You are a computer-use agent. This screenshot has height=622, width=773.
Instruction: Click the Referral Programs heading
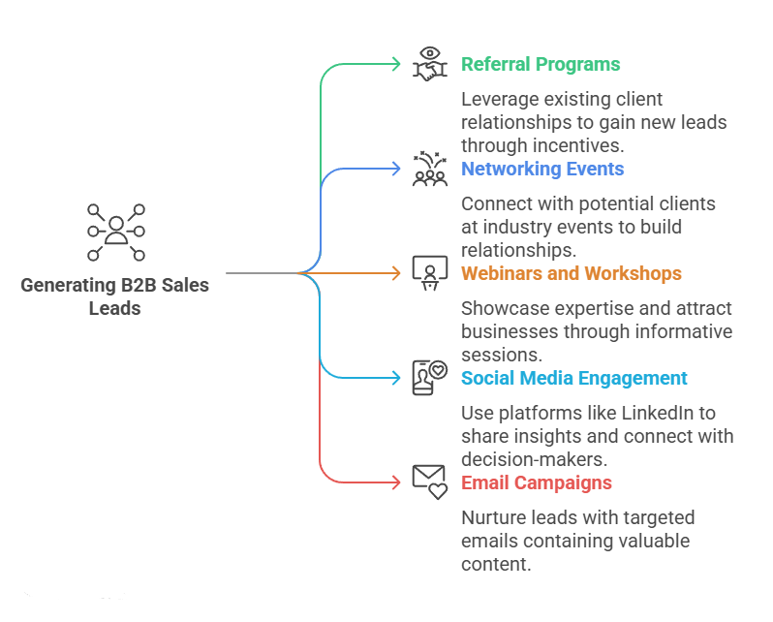pyautogui.click(x=541, y=65)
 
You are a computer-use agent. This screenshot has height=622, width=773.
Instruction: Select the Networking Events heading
pyautogui.click(x=542, y=170)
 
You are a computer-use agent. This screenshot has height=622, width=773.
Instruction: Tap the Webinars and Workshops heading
pyautogui.click(x=572, y=274)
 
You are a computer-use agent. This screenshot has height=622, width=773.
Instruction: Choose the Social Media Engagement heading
pyautogui.click(x=574, y=379)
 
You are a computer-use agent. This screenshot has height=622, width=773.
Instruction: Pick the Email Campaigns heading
pyautogui.click(x=536, y=483)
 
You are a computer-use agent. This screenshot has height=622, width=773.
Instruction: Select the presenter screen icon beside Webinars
pyautogui.click(x=429, y=273)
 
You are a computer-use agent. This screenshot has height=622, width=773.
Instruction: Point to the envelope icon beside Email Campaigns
pyautogui.click(x=429, y=482)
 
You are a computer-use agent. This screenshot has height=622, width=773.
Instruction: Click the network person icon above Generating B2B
pyautogui.click(x=116, y=233)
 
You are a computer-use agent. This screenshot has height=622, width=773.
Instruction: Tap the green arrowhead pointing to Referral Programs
pyautogui.click(x=396, y=65)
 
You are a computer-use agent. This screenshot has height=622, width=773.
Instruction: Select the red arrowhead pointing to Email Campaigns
pyautogui.click(x=396, y=482)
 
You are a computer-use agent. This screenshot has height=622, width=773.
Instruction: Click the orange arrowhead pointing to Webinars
pyautogui.click(x=396, y=274)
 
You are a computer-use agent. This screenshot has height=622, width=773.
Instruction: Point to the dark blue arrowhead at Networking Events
pyautogui.click(x=396, y=170)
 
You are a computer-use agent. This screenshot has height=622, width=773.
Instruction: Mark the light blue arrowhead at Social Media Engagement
pyautogui.click(x=396, y=378)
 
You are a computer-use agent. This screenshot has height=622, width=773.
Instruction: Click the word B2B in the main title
pyautogui.click(x=134, y=286)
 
